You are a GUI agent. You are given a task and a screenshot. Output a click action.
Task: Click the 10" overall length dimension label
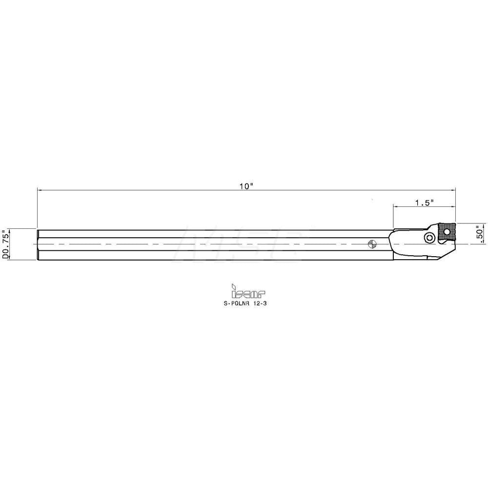coord(246,186)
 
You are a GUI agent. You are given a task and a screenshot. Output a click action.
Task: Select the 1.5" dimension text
coord(424,203)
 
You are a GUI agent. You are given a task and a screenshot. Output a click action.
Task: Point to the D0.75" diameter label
coord(5,244)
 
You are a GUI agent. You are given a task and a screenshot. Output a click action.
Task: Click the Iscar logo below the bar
coord(248,291)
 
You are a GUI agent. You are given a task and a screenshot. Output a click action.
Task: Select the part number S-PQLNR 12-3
coord(245,304)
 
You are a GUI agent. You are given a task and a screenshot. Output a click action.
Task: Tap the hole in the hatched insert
coord(447,231)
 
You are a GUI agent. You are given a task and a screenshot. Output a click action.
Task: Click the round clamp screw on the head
coord(430,238)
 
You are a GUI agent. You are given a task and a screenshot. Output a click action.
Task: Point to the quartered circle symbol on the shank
coord(371,244)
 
